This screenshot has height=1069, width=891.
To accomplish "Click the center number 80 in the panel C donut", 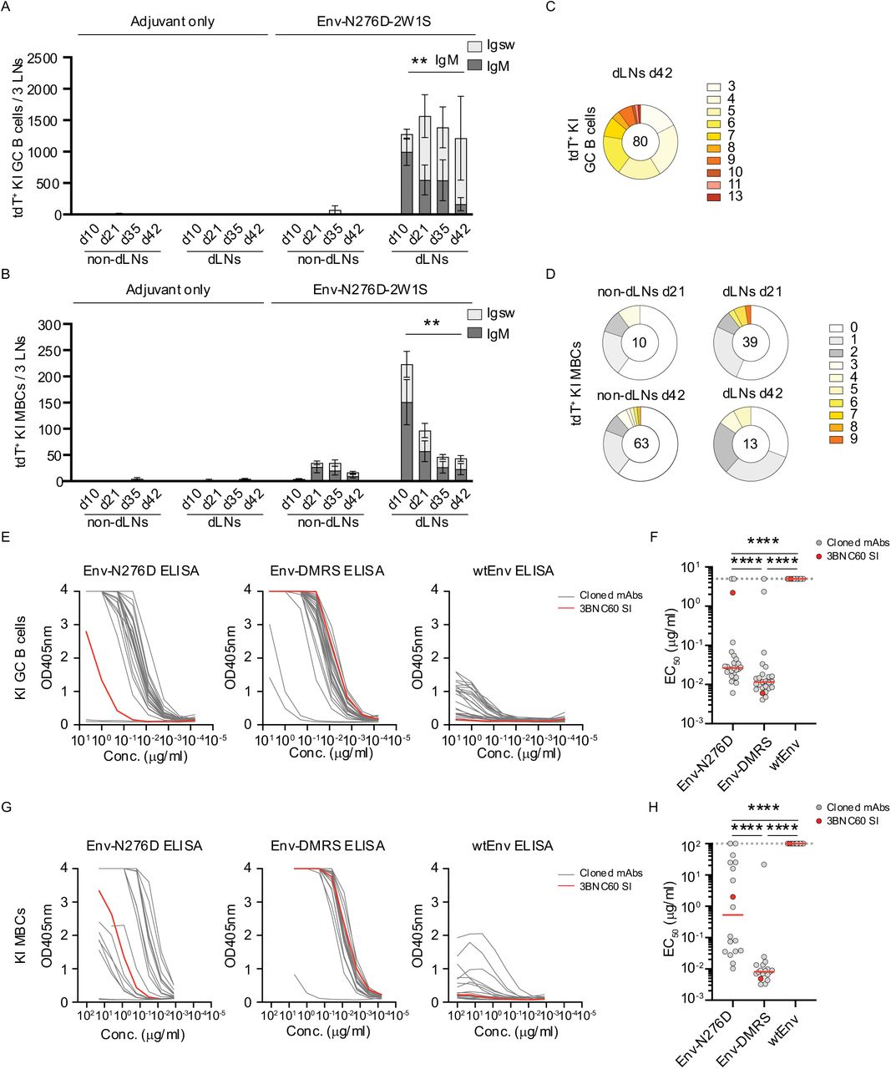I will [640, 141].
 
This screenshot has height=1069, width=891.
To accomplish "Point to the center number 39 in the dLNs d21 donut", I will [750, 342].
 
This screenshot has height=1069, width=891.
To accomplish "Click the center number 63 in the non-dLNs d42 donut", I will [640, 443].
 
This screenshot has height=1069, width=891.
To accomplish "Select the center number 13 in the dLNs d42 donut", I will [750, 443].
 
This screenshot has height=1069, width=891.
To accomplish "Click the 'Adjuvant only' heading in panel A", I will [172, 21].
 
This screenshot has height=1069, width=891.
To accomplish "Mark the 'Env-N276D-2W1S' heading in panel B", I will [372, 290].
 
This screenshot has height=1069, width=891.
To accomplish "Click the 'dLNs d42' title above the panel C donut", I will [640, 73].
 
